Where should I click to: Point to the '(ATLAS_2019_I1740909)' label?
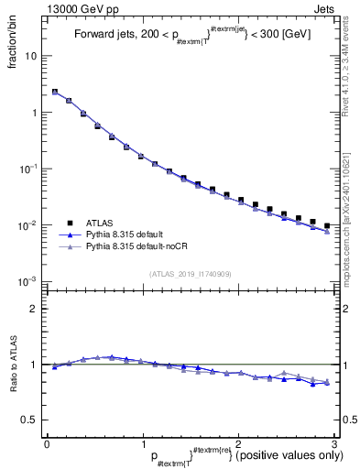point(191,274)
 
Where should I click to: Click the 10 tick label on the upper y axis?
point(30,56)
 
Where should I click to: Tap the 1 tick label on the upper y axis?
point(34,113)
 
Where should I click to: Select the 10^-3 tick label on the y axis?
point(28,281)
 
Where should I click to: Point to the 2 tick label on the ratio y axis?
point(34,309)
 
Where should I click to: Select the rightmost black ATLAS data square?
point(327,225)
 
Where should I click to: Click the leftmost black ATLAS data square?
point(55,93)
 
